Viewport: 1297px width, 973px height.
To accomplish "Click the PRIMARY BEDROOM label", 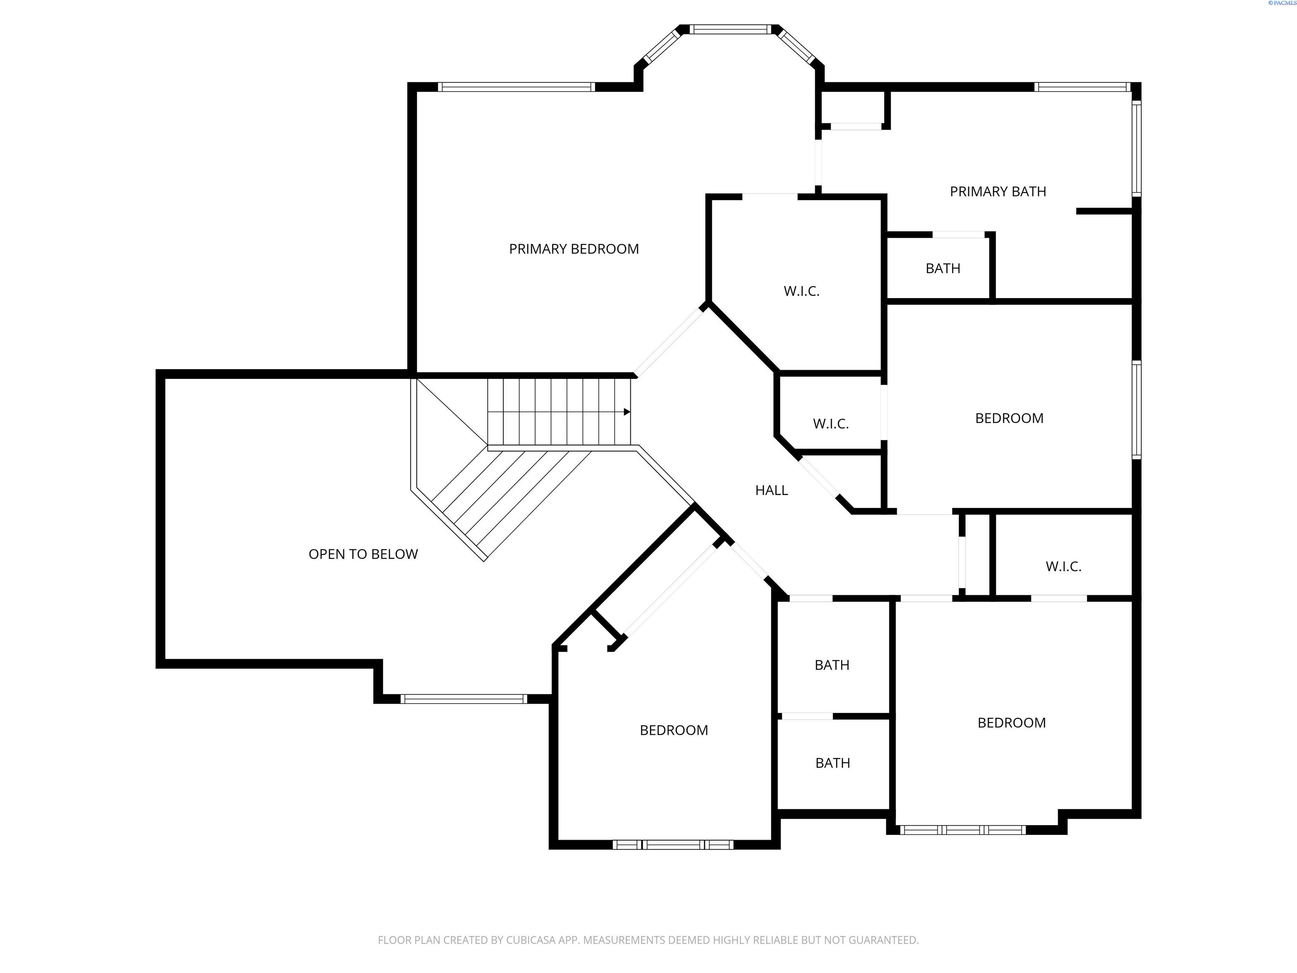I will click(x=573, y=249).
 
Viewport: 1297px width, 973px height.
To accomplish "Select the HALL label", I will click(x=771, y=490).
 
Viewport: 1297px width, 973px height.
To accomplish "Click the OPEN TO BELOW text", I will click(x=363, y=554).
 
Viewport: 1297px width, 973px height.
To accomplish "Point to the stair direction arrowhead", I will click(x=627, y=412).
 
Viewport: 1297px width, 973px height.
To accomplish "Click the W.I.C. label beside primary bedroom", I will click(x=801, y=291).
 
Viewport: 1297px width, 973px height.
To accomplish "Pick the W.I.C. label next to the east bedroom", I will click(x=830, y=424).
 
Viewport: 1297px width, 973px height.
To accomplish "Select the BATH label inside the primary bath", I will click(x=942, y=269).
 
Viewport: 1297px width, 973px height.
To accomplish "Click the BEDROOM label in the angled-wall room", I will click(x=673, y=730).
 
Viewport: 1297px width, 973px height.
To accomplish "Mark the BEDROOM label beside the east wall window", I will click(x=1009, y=418).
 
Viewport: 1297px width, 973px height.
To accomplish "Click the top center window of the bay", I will click(x=728, y=29).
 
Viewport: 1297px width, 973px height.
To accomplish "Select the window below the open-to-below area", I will click(x=463, y=698).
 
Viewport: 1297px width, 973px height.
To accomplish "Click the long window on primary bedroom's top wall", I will click(x=516, y=87).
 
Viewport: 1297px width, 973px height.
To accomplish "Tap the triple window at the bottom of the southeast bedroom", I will click(x=962, y=830).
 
